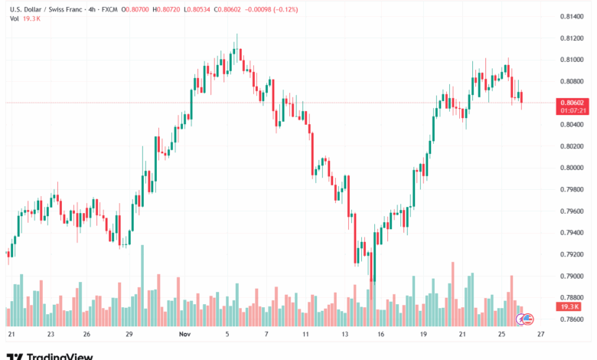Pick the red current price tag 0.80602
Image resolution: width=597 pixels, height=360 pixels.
[573, 102]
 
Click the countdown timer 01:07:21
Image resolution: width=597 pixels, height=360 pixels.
[573, 110]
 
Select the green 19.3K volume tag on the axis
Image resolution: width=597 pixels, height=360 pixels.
[570, 306]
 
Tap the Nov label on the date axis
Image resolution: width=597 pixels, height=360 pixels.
[184, 334]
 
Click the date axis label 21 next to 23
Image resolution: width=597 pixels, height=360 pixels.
[11, 334]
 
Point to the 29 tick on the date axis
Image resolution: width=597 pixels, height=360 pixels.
[129, 334]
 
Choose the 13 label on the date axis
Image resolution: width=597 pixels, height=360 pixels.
[346, 334]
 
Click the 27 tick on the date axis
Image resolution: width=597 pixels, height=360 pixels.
[541, 334]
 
